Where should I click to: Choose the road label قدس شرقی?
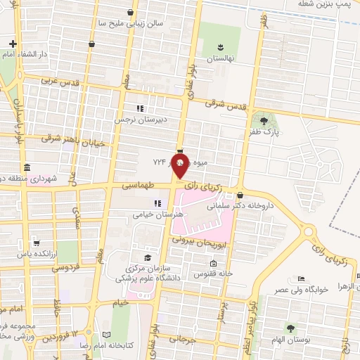click(x=227, y=104)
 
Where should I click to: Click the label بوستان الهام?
click(x=290, y=339)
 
